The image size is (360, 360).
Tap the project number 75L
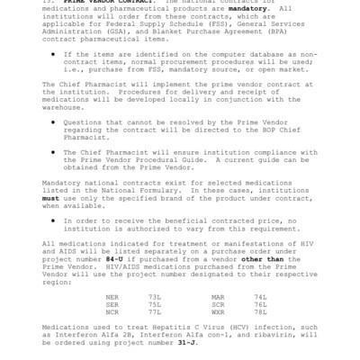pyautogui.click(x=154, y=304)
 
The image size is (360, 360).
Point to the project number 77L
pyautogui.click(x=154, y=312)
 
